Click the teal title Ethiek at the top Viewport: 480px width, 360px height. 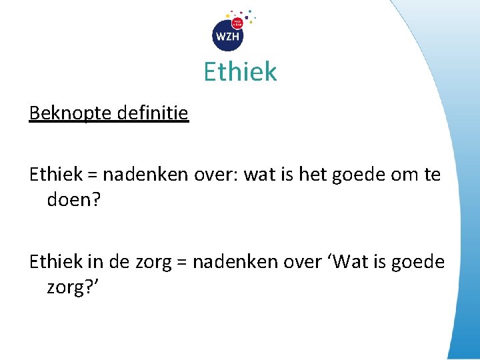click(240, 71)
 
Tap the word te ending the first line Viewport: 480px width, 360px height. click(432, 175)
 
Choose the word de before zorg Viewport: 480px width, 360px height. click(118, 262)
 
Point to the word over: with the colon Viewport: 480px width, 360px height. click(217, 175)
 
